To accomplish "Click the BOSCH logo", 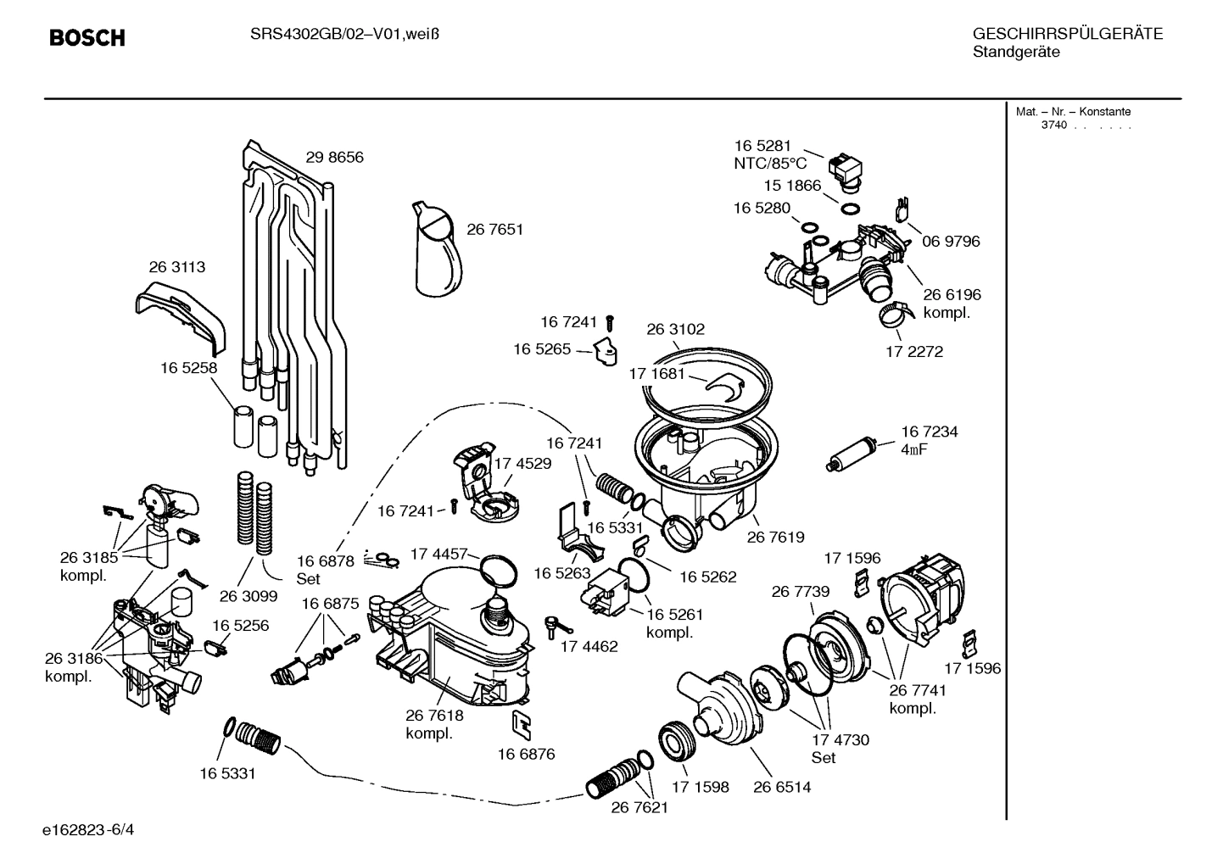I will coord(87,37).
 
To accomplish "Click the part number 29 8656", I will coord(334,158).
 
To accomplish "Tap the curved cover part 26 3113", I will coord(182,317).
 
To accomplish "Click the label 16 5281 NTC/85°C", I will coord(768,154).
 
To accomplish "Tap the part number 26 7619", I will coord(775,538).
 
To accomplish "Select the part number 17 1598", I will coord(700,787).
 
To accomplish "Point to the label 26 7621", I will coord(639,808).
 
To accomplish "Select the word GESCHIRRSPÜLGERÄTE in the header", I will coord(1067,35).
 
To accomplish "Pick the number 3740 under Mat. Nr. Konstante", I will coord(1053,125).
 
